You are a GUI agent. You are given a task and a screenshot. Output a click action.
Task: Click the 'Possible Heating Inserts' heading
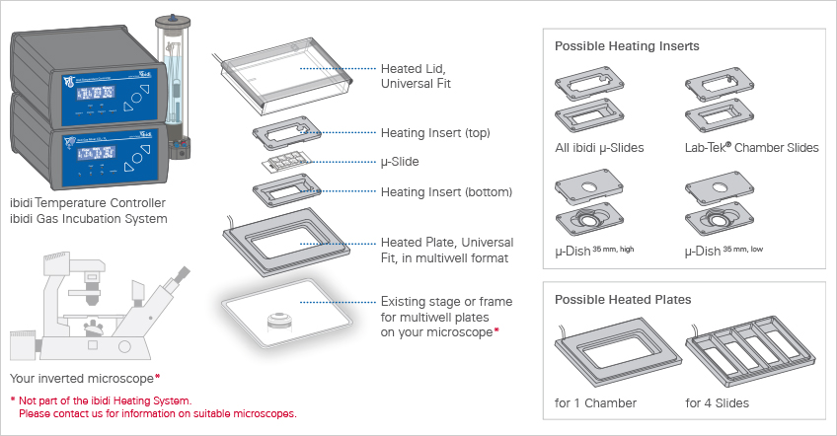628,46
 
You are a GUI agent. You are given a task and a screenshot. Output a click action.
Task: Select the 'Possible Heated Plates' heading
623,299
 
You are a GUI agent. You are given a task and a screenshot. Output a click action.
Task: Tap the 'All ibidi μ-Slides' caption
600,148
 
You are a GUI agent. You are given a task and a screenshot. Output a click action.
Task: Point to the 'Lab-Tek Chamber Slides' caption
751,148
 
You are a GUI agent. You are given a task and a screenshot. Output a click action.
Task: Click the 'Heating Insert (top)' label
435,133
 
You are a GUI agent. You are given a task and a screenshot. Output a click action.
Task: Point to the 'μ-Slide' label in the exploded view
400,161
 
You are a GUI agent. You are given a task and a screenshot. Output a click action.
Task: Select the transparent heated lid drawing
287,78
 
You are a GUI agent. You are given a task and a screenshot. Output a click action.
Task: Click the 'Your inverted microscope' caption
83,378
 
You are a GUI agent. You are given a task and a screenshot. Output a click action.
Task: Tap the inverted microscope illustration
99,306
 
